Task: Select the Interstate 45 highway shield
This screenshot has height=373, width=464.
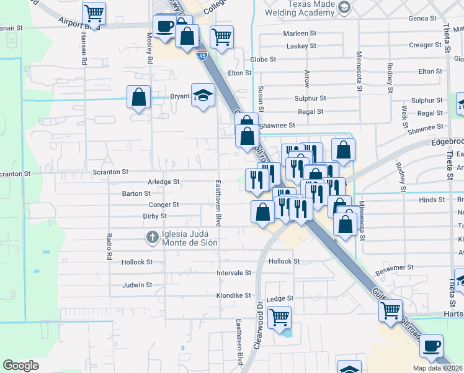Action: tap(202, 55)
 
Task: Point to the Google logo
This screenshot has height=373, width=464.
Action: tap(20, 366)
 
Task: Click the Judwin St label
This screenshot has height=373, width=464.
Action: tap(137, 285)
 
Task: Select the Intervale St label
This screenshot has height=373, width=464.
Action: tap(233, 273)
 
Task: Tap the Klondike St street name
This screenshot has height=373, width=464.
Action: tap(233, 295)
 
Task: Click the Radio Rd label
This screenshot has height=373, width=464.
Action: tap(109, 246)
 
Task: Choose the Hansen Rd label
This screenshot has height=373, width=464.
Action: tap(83, 48)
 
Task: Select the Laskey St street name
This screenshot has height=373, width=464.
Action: tap(301, 46)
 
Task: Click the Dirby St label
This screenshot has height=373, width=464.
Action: tap(154, 216)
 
